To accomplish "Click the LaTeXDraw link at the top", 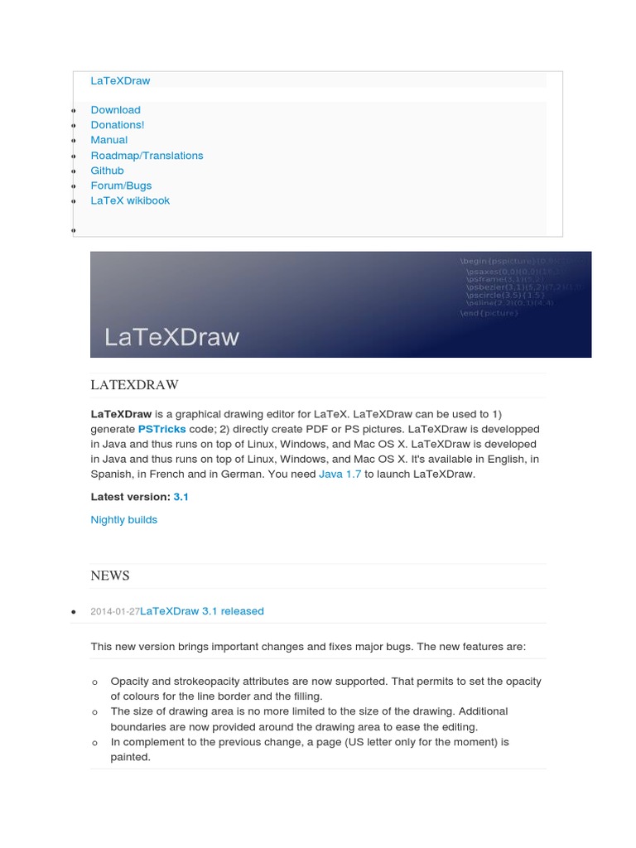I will pos(120,80).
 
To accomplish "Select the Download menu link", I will pos(115,109).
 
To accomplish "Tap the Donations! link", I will pos(117,124).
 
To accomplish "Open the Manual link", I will pos(108,140).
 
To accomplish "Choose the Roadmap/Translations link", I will pos(147,155).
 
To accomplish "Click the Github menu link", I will pos(107,170).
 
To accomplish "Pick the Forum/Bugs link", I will pos(121,185).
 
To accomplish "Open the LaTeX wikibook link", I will pos(130,200).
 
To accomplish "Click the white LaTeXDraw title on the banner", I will pos(171,337).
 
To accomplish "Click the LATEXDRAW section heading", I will pos(134,385).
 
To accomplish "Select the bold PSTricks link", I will pos(161,430).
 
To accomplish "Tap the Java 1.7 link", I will pos(340,475).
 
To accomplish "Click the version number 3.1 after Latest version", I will pos(181,497).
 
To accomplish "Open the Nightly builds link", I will pos(123,520).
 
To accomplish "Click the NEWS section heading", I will pos(110,576).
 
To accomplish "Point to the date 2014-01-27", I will pos(115,611).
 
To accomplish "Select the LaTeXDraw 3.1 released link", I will pos(202,611).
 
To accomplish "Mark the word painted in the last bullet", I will pos(130,757).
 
